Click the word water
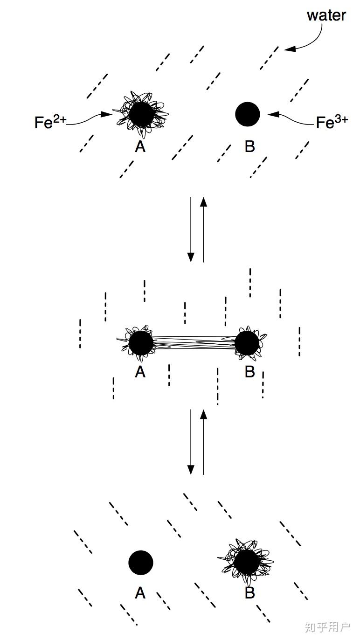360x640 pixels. pyautogui.click(x=326, y=15)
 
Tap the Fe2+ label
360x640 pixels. pyautogui.click(x=50, y=122)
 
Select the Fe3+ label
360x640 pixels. pyautogui.click(x=332, y=122)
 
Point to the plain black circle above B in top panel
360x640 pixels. pyautogui.click(x=248, y=114)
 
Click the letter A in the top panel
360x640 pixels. pyautogui.click(x=140, y=146)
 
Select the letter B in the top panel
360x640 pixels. pyautogui.click(x=249, y=146)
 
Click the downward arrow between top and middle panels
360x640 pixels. pyautogui.click(x=191, y=229)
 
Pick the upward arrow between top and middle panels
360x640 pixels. pyautogui.click(x=203, y=229)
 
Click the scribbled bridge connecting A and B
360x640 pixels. pyautogui.click(x=194, y=343)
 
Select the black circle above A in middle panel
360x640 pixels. pyautogui.click(x=141, y=343)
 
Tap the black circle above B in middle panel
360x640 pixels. pyautogui.click(x=247, y=343)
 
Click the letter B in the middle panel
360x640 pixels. pyautogui.click(x=249, y=372)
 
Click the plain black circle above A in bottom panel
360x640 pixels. pyautogui.click(x=141, y=563)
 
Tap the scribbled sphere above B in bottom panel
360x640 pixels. pyautogui.click(x=247, y=563)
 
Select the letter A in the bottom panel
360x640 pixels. pyautogui.click(x=140, y=593)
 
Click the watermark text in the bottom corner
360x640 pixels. pyautogui.click(x=327, y=627)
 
